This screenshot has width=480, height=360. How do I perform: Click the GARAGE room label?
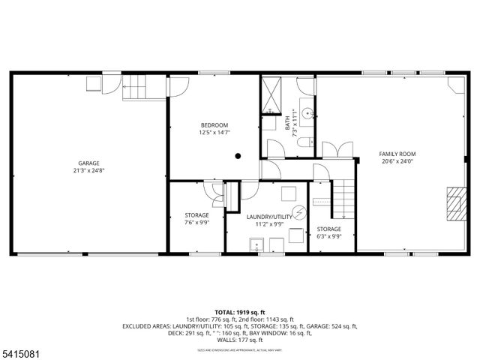(89, 163)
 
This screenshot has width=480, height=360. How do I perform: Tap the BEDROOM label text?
(214, 124)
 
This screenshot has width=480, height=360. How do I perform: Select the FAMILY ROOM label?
(397, 152)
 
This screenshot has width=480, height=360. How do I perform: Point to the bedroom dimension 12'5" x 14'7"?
(214, 133)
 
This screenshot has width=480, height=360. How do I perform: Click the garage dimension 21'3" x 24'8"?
(89, 171)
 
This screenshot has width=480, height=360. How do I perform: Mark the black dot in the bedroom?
(237, 156)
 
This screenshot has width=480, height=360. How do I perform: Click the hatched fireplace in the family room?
(454, 201)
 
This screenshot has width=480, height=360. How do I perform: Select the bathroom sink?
(307, 106)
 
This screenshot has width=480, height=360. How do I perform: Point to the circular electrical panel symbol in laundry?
(298, 212)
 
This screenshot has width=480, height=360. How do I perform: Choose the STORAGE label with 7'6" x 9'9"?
(197, 214)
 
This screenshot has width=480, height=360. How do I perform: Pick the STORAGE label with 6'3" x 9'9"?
(328, 229)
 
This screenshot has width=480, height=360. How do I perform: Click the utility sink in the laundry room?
(255, 242)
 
